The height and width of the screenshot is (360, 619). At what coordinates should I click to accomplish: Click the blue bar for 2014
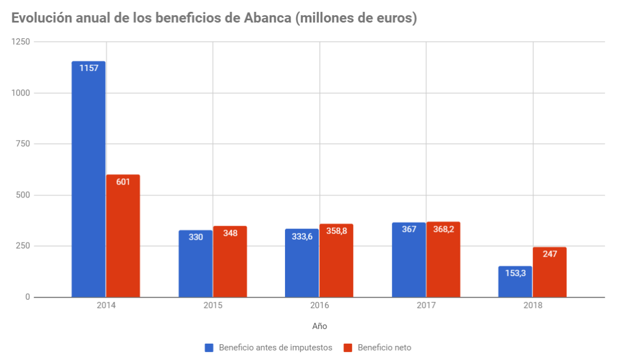coord(88,180)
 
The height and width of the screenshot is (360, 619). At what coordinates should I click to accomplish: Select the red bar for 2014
coord(123,236)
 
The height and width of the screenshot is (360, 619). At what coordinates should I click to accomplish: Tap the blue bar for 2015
coord(196,264)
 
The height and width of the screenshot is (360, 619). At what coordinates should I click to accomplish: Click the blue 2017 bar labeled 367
coord(409,260)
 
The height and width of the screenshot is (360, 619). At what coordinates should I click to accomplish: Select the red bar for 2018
coord(549,273)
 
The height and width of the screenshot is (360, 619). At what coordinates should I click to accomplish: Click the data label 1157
coord(88,68)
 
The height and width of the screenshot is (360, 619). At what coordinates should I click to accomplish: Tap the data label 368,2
coord(443,229)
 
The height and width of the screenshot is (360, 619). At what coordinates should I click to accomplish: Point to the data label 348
coord(230,233)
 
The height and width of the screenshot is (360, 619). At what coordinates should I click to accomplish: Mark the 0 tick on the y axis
coord(27,297)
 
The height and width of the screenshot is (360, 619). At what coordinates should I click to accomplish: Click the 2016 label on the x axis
coord(319,305)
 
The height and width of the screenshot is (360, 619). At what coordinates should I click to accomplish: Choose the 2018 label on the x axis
coord(532,305)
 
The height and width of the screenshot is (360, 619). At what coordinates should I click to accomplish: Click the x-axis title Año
coord(319,326)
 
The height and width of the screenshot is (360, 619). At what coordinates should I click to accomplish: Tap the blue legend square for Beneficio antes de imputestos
coord(209,348)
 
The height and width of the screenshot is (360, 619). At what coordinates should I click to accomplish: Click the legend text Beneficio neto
coord(384,348)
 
